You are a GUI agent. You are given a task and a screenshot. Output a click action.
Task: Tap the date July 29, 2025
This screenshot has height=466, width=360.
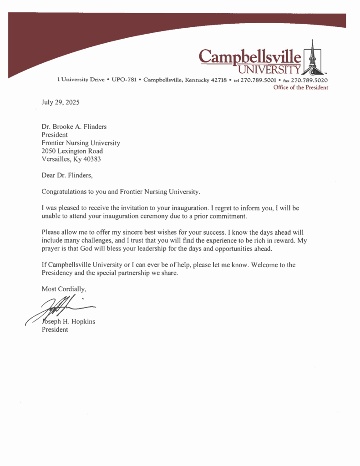tap(61, 102)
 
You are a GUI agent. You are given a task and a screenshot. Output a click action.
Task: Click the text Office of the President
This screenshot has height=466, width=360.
tap(300, 87)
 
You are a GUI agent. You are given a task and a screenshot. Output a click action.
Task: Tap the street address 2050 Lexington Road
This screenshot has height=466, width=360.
tap(72, 151)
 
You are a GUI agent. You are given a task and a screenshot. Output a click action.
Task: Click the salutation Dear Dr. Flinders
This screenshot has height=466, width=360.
tap(67, 175)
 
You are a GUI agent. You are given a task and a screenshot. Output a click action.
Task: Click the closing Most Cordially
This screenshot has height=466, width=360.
tap(64, 289)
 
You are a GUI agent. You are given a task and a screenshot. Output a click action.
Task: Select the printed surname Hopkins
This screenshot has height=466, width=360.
tap(82, 322)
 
